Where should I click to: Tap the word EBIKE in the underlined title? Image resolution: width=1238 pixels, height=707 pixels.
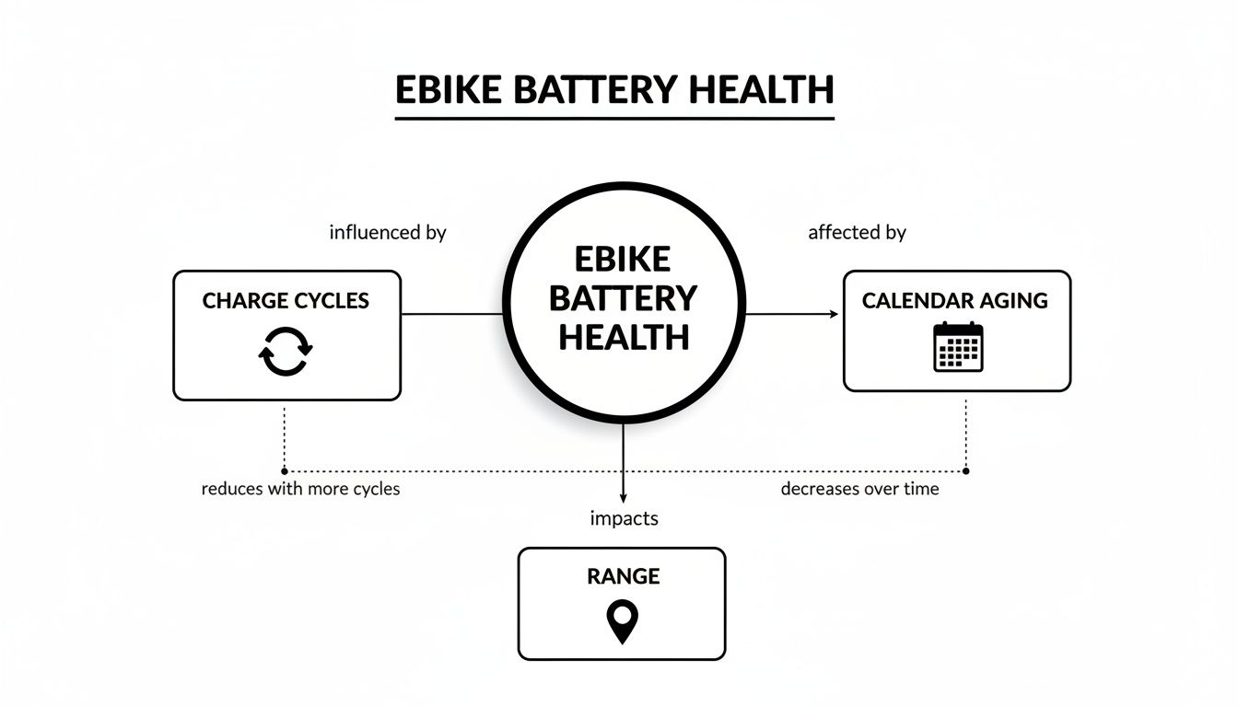click(449, 90)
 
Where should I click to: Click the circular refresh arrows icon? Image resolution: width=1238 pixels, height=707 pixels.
click(286, 351)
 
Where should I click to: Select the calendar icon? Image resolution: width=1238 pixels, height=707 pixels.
click(958, 347)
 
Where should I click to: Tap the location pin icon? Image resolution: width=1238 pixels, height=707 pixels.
click(623, 621)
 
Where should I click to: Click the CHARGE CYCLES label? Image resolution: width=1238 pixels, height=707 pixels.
click(286, 301)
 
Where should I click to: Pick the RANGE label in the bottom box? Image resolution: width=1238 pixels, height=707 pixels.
click(623, 576)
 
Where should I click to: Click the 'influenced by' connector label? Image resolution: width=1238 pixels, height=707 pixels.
click(387, 233)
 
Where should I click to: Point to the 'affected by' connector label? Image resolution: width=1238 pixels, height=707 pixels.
click(857, 233)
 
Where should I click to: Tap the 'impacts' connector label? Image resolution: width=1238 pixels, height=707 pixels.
click(624, 518)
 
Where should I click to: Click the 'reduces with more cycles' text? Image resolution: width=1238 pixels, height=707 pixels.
click(300, 489)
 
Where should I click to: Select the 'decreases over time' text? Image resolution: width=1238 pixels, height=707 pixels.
click(859, 489)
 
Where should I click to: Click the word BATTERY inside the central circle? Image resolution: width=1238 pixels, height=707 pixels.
click(624, 298)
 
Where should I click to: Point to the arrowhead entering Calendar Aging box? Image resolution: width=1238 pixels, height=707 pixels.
click(834, 314)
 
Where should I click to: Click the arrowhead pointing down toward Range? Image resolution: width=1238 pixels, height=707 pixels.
click(624, 496)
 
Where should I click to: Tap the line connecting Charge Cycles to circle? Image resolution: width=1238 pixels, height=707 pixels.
click(451, 314)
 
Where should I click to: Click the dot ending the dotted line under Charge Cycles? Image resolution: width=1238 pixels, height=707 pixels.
click(284, 470)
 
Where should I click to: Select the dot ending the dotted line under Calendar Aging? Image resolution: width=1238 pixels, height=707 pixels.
click(965, 470)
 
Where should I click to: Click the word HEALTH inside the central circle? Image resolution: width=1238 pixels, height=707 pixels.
click(624, 338)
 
